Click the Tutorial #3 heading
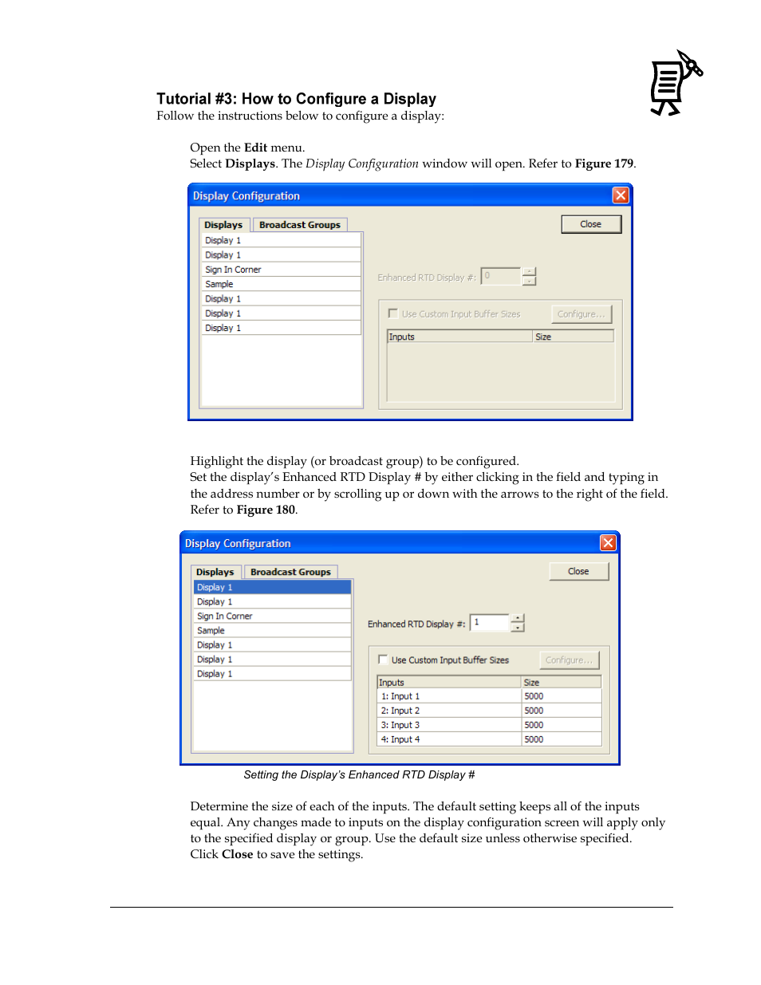click(296, 99)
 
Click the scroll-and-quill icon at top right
click(675, 84)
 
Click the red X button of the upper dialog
click(621, 195)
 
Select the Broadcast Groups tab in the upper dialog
click(299, 225)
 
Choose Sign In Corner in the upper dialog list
click(233, 270)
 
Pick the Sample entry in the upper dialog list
click(219, 284)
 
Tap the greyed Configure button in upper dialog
click(581, 314)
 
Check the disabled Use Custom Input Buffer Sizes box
click(393, 313)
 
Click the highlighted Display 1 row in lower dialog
click(271, 587)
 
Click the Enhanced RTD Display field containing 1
click(489, 623)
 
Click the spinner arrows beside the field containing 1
click(518, 623)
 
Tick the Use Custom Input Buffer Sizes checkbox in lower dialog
click(383, 660)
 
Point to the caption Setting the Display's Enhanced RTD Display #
click(359, 774)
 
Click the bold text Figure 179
click(604, 164)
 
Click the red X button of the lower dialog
click(608, 543)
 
